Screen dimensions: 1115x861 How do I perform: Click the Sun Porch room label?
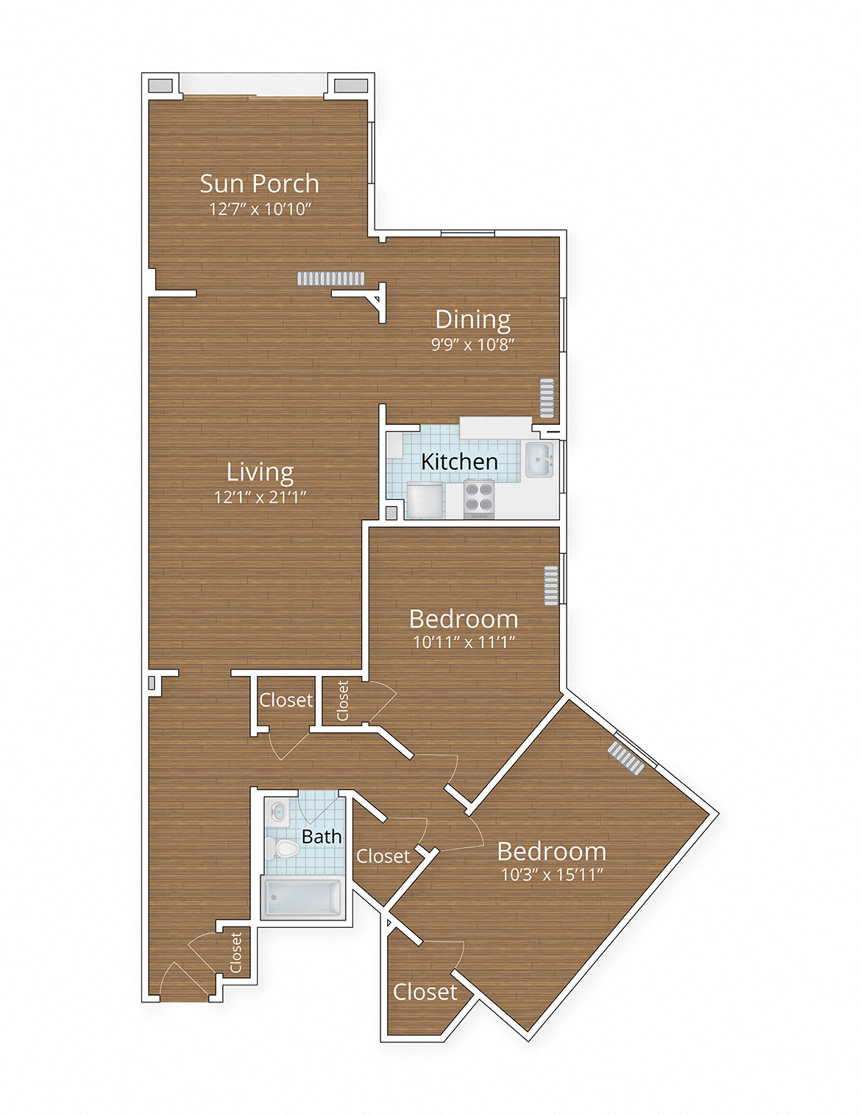pyautogui.click(x=259, y=183)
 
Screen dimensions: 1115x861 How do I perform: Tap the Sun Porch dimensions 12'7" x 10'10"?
pyautogui.click(x=259, y=209)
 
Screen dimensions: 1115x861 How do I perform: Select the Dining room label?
pyautogui.click(x=472, y=319)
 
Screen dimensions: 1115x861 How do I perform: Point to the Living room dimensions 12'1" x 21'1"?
pyautogui.click(x=259, y=497)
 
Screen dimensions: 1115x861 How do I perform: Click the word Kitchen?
pyautogui.click(x=459, y=462)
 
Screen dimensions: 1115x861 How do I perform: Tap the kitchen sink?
pyautogui.click(x=539, y=460)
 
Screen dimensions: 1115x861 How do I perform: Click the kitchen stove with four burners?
pyautogui.click(x=478, y=496)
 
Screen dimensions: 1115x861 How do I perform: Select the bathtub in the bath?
pyautogui.click(x=302, y=898)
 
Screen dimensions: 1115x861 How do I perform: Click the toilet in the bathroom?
pyautogui.click(x=283, y=849)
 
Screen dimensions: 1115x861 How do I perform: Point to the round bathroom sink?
pyautogui.click(x=278, y=812)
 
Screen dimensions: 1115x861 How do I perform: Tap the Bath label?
pyautogui.click(x=322, y=837)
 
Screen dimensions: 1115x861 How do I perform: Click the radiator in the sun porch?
pyautogui.click(x=330, y=278)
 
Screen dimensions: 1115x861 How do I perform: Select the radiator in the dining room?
pyautogui.click(x=546, y=398)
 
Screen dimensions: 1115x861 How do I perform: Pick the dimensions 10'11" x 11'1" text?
pyautogui.click(x=463, y=642)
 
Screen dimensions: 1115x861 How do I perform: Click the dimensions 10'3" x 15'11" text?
pyautogui.click(x=551, y=875)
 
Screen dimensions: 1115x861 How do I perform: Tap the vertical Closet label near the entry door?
pyautogui.click(x=236, y=952)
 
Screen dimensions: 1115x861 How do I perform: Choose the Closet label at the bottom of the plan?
pyautogui.click(x=425, y=992)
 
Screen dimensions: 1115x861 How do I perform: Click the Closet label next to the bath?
pyautogui.click(x=383, y=857)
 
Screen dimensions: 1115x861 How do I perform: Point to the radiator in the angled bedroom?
pyautogui.click(x=626, y=757)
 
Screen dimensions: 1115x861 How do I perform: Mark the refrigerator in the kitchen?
pyautogui.click(x=425, y=501)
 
